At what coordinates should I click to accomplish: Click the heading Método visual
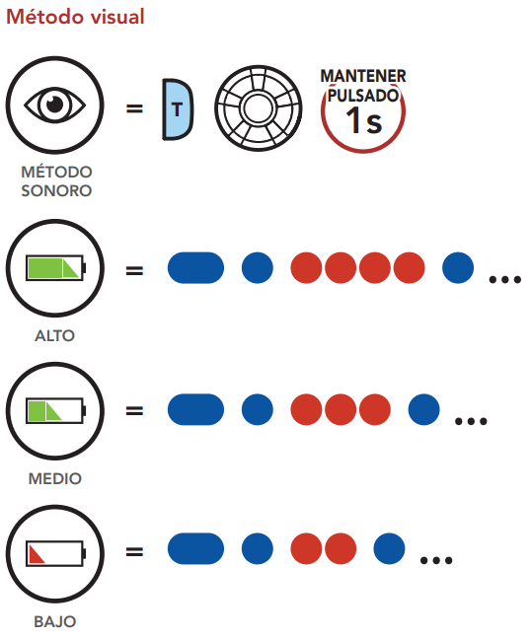[75, 17]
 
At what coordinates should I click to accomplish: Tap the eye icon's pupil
[55, 105]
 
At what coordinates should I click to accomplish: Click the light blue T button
[178, 109]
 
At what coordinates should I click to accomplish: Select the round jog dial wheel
[259, 108]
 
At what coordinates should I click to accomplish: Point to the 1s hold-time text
[364, 120]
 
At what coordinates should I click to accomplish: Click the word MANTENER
[363, 76]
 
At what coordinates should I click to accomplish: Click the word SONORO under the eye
[56, 190]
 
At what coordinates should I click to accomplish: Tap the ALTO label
[55, 336]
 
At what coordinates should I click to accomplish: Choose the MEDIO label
[55, 478]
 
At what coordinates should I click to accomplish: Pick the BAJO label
[55, 621]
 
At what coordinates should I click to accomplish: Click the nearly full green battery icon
[55, 268]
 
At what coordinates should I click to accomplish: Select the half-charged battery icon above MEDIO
[55, 411]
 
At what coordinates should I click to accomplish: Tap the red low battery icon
[55, 553]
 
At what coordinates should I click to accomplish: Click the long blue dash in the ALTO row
[195, 268]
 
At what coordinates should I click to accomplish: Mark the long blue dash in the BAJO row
[195, 548]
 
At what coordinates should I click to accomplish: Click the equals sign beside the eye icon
[134, 108]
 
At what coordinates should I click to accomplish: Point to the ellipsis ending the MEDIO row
[471, 421]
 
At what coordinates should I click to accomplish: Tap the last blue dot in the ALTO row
[458, 268]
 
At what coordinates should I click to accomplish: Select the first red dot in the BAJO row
[306, 548]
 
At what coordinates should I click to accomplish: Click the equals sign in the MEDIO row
[134, 411]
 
